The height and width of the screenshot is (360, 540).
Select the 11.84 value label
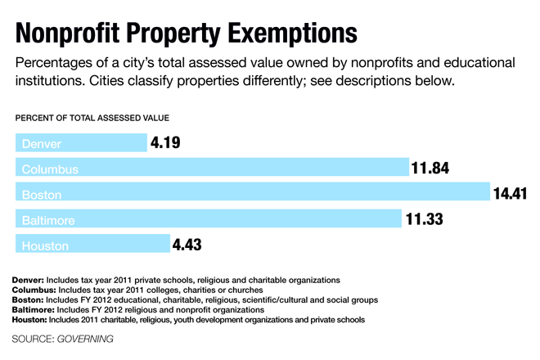pyautogui.click(x=430, y=169)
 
